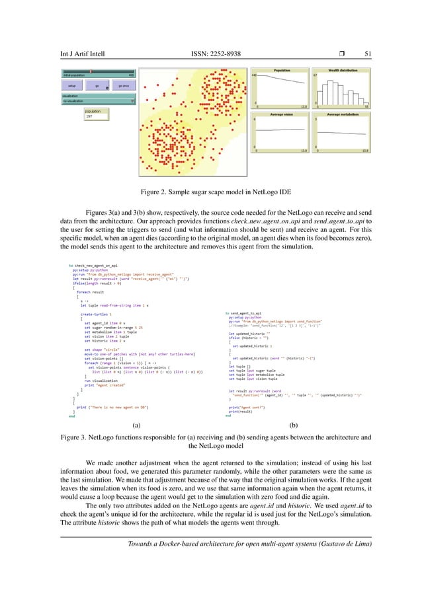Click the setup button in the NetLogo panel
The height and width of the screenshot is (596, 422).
coord(71,86)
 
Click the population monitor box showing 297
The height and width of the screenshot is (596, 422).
coord(97,114)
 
